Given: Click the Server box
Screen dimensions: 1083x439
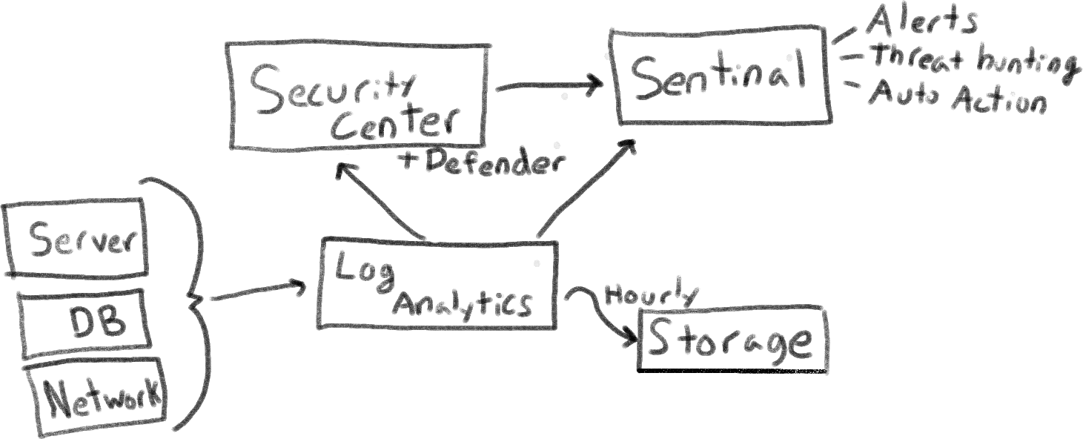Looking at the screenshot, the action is coord(75,238).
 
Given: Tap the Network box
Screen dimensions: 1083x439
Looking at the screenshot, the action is coord(96,397).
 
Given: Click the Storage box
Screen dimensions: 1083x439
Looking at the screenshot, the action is coord(731,339).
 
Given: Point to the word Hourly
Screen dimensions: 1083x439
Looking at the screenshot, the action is coord(651,294).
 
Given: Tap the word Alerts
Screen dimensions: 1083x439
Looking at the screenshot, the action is coord(921,22).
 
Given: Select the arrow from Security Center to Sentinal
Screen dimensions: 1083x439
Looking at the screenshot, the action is coord(549,86).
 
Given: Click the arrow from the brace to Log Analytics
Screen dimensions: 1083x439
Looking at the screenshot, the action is coord(258,292).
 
